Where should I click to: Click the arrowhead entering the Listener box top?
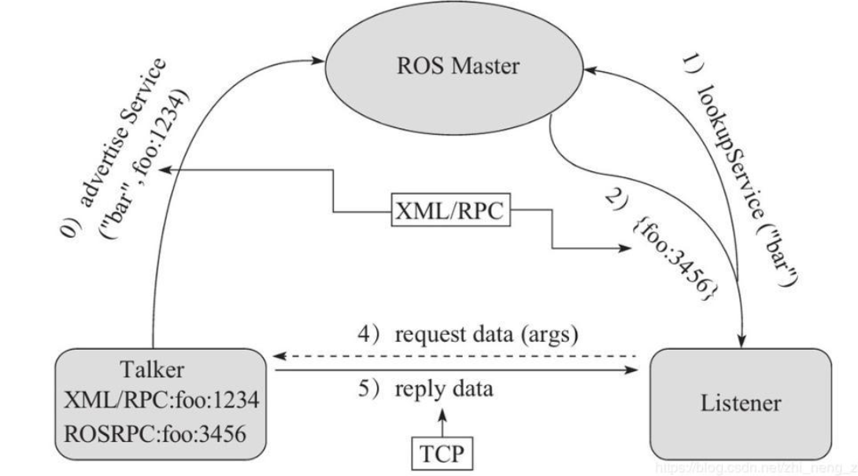[742, 339]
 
